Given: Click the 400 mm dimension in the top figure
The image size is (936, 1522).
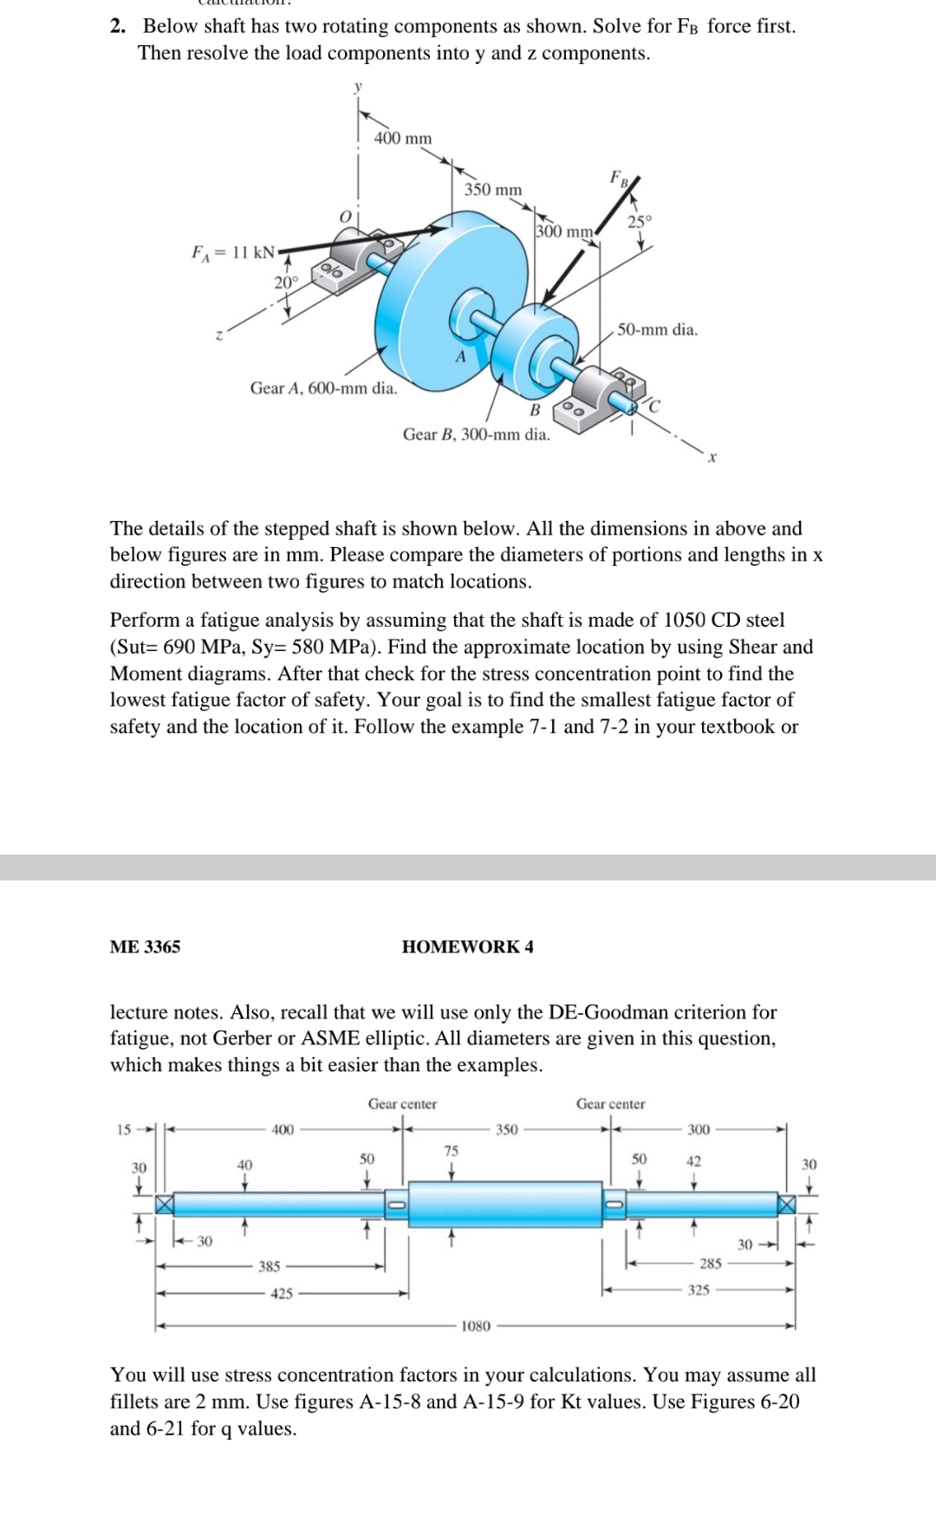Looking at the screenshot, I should click(402, 139).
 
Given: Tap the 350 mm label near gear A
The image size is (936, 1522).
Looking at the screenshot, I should click(493, 189).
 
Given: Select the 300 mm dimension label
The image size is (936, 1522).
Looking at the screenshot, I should click(564, 231).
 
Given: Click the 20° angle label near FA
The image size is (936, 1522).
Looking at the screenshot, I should click(286, 282).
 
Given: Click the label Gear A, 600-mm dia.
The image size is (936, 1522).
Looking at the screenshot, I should click(323, 388).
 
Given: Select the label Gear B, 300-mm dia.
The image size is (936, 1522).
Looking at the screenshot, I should click(476, 434).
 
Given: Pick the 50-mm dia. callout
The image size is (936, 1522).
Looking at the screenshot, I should click(657, 329).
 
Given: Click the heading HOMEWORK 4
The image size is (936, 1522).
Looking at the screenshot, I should click(467, 946).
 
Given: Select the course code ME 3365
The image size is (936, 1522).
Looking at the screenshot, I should click(145, 946).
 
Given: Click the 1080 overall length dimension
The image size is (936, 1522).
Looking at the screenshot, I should click(475, 1326).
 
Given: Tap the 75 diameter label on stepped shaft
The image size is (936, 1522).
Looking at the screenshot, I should click(452, 1151).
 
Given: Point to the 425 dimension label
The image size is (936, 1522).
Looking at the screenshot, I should click(282, 1293).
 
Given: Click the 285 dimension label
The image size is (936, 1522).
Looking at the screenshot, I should click(711, 1264).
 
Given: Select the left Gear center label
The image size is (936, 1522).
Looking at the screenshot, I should click(402, 1104).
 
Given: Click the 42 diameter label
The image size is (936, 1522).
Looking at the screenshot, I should click(693, 1161).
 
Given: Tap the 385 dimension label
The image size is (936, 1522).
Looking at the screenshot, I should click(270, 1266).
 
